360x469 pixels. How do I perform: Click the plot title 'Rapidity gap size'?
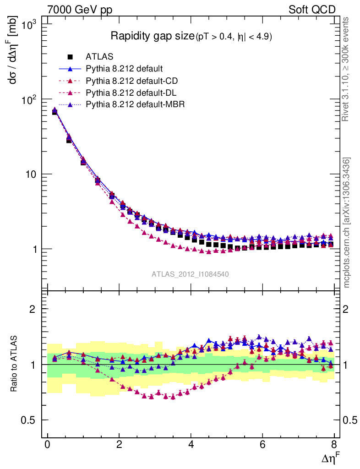pyautogui.click(x=153, y=36)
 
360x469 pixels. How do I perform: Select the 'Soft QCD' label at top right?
pyautogui.click(x=312, y=10)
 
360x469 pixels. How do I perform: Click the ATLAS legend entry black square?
pyautogui.click(x=70, y=57)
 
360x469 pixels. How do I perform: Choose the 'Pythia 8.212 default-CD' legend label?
pyautogui.click(x=131, y=81)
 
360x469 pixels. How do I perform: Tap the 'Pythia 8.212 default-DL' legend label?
pyautogui.click(x=131, y=93)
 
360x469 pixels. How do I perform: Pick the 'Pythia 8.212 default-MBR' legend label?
pyautogui.click(x=135, y=104)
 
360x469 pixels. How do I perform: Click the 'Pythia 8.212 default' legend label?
pyautogui.click(x=124, y=69)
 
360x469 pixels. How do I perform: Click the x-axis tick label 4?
pyautogui.click(x=191, y=445)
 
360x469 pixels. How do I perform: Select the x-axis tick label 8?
pyautogui.click(x=334, y=445)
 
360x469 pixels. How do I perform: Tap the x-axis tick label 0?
pyautogui.click(x=48, y=445)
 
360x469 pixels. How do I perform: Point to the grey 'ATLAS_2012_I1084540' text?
pyautogui.click(x=191, y=274)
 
